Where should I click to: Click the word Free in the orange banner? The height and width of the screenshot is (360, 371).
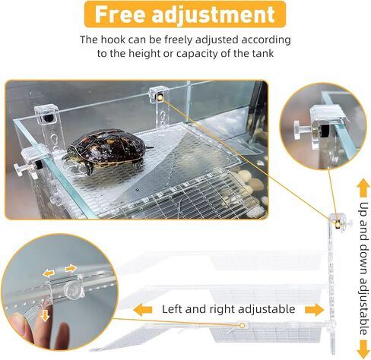click(120, 14)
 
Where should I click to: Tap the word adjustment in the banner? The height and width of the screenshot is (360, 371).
click(214, 14)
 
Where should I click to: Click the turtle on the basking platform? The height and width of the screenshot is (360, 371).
click(106, 150)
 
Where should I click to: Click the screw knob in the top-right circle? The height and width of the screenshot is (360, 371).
click(301, 130)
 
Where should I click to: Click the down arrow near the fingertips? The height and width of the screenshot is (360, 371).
click(45, 316)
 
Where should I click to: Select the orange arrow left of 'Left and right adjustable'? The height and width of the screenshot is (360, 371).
click(142, 310)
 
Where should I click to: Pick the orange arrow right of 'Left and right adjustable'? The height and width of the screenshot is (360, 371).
click(315, 310)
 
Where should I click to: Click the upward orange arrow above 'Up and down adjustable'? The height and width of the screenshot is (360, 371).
click(363, 188)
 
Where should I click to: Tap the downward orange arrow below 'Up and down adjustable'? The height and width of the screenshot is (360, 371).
click(363, 349)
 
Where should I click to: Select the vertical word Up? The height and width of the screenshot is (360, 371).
click(363, 210)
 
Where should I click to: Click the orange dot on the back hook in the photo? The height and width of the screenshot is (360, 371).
click(160, 97)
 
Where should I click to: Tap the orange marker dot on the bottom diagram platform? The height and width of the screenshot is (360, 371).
click(243, 325)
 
